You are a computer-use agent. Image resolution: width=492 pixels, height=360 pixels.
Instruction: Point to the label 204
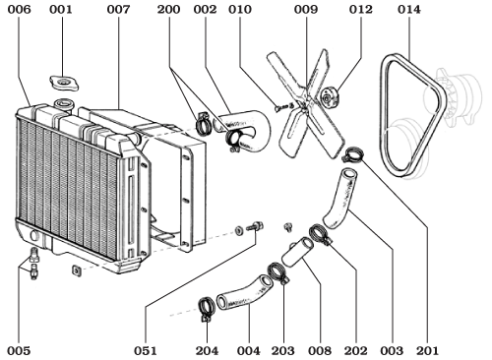208,349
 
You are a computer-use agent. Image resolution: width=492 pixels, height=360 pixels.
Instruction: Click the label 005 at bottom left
19,349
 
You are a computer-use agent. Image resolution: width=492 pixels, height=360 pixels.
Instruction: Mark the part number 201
426,349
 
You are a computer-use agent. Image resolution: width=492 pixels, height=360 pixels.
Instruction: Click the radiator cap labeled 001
66,81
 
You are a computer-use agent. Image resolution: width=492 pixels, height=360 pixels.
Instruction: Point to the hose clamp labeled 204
208,307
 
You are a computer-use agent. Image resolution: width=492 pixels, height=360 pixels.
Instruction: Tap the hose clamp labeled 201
353,154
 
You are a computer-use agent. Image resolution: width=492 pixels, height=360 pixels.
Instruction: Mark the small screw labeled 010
281,107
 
